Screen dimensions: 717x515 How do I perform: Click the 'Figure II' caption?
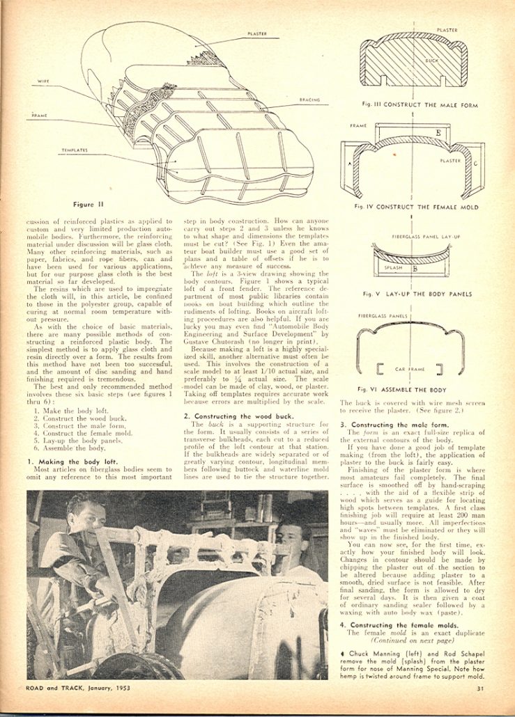pyautogui.click(x=87, y=205)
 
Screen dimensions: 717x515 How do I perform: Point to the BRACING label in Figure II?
pyautogui.click(x=309, y=100)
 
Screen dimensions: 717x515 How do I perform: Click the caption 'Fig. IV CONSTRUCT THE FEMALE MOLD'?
pyautogui.click(x=415, y=207)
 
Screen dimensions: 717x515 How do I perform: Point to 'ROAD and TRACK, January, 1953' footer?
pyautogui.click(x=79, y=688)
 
